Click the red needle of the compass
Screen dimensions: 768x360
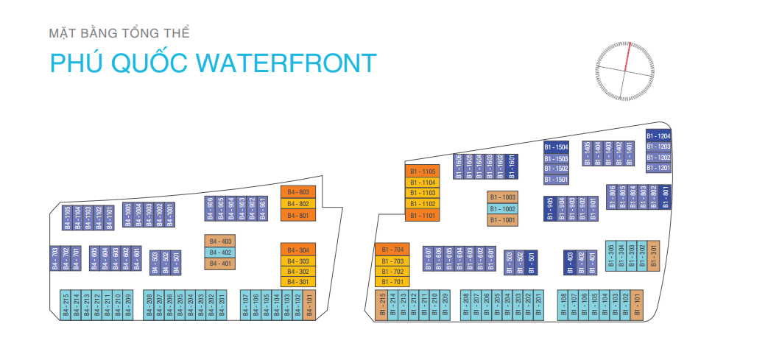coord(627,57)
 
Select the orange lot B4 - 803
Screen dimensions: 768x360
coord(297,192)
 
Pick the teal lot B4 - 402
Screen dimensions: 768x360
coord(220,253)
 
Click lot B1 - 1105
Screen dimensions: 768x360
coord(423,171)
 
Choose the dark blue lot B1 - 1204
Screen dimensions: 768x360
coord(658,135)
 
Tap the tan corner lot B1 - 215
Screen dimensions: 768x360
coord(381,305)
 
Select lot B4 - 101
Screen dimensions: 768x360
coord(309,305)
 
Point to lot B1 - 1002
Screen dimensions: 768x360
coord(502,208)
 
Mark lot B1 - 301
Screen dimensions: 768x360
coord(653,255)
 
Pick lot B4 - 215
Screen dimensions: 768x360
coord(65,305)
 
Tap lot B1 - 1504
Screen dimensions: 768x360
coord(556,147)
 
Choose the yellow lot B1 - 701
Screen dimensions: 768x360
coord(392,282)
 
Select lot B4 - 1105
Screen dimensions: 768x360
coord(66,217)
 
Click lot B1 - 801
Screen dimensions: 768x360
coord(665,197)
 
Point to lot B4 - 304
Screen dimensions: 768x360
coord(297,249)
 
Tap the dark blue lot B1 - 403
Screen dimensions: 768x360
coord(569,263)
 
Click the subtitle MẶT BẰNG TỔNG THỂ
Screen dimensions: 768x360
coord(119,33)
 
